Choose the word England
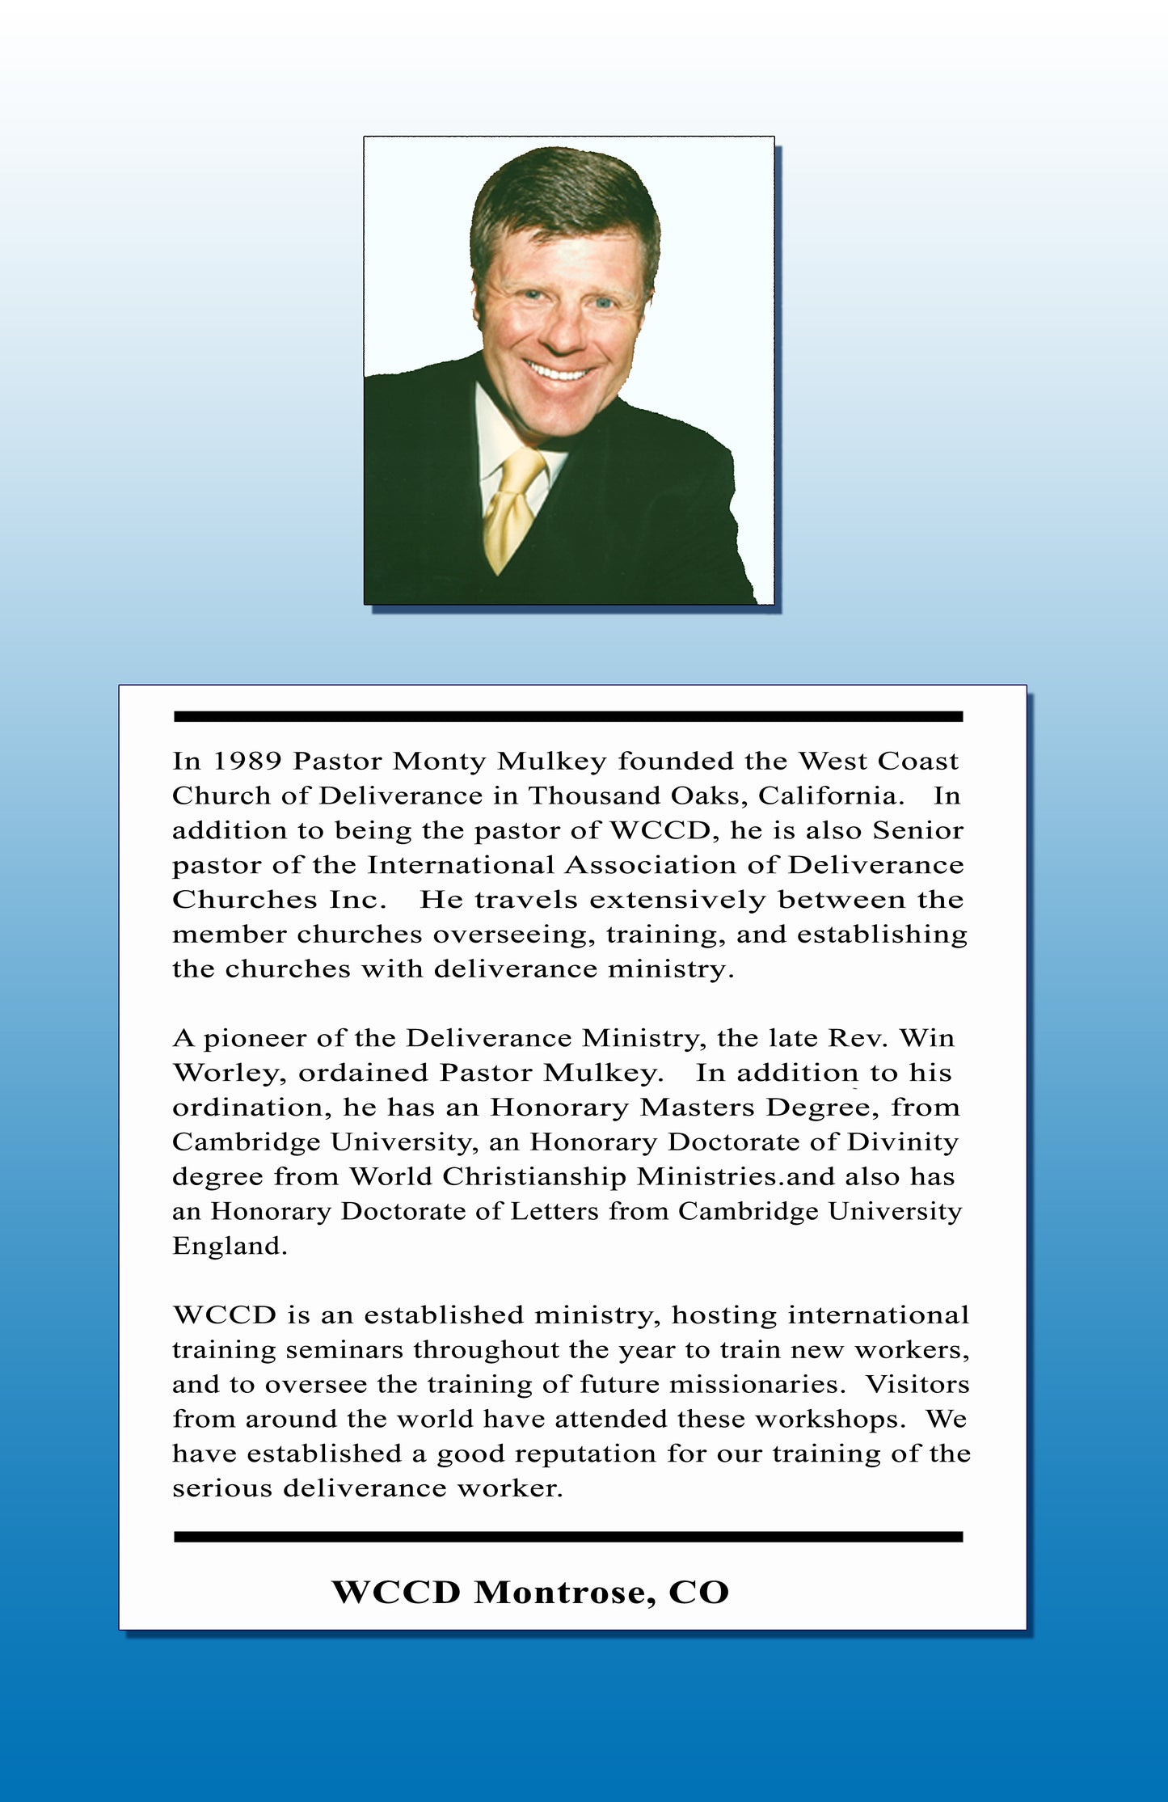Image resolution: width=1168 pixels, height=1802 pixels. tap(229, 1247)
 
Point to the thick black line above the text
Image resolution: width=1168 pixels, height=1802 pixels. tap(567, 716)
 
